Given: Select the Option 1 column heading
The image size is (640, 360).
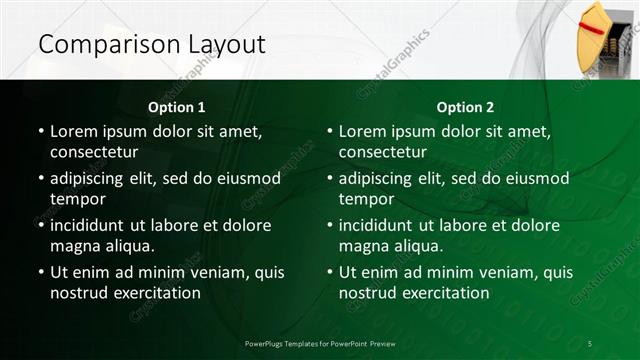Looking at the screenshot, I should (x=177, y=107).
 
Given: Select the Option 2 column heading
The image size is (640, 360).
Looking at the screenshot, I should (x=465, y=107).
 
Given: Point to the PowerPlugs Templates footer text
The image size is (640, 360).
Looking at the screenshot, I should (x=320, y=343).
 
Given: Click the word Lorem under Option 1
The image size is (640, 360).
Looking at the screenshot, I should (x=73, y=131).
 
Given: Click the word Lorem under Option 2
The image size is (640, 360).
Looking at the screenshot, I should (x=362, y=131).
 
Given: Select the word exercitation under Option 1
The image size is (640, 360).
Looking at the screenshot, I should (x=153, y=293).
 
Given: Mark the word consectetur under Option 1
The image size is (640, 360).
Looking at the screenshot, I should (x=94, y=152).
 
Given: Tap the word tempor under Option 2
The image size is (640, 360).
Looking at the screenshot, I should (x=366, y=200).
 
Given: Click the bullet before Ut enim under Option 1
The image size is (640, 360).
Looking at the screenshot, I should (x=40, y=272).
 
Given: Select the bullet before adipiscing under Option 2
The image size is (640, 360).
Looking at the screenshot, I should (x=329, y=178).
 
